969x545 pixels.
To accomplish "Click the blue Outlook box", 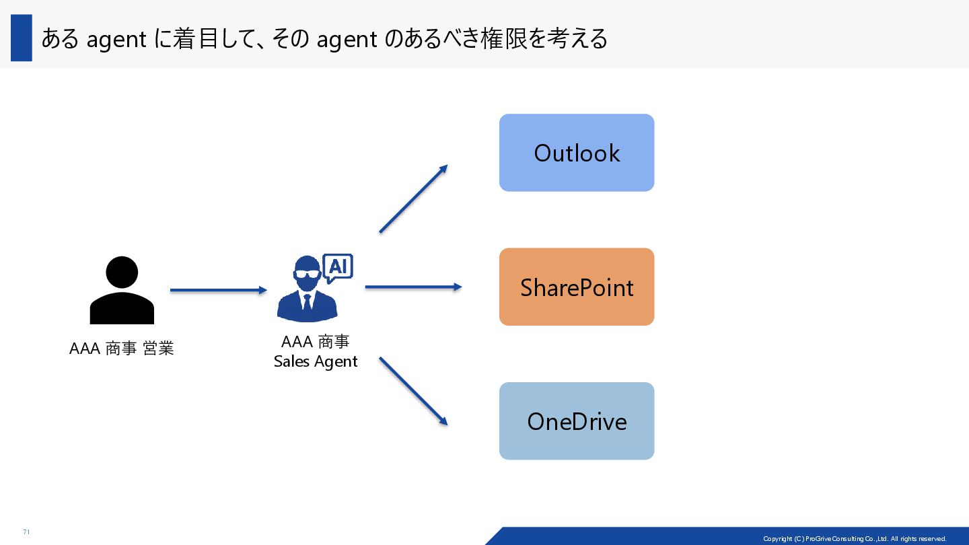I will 577,153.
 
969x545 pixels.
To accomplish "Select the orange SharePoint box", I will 577,287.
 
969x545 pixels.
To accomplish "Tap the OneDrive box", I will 577,421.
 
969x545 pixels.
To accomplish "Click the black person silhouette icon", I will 122,291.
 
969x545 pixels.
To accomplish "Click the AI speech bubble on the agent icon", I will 338,267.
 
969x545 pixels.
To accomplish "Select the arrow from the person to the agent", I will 219,290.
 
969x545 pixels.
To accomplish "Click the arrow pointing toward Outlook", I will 413,199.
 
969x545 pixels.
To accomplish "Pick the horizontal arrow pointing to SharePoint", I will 413,287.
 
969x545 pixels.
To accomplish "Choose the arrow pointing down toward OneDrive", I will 413,391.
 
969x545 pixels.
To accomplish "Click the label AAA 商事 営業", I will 122,349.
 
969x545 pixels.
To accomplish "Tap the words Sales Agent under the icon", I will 316,361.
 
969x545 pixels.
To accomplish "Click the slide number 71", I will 26,532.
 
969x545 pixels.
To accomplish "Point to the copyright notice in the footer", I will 855,538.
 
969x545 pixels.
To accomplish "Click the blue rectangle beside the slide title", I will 22,38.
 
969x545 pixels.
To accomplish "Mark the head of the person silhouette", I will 122,273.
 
